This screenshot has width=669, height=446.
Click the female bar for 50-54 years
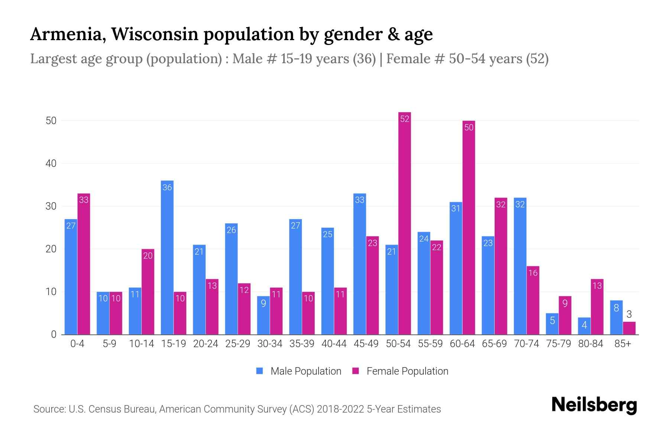pyautogui.click(x=404, y=223)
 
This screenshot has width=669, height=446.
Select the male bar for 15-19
pyautogui.click(x=167, y=258)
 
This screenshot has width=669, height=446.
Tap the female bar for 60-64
pyautogui.click(x=469, y=227)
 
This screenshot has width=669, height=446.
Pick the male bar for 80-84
pyautogui.click(x=584, y=326)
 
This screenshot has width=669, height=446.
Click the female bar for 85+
pyautogui.click(x=629, y=328)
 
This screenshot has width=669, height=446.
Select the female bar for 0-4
pyautogui.click(x=84, y=264)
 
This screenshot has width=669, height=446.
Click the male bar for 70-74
pyautogui.click(x=520, y=266)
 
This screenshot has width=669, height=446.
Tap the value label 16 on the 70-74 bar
pyautogui.click(x=533, y=273)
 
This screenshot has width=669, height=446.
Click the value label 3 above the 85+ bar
pyautogui.click(x=629, y=314)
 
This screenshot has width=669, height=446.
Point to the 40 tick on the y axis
pyautogui.click(x=51, y=164)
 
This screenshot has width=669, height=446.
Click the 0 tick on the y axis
pyautogui.click(x=54, y=334)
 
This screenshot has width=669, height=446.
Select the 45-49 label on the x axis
pyautogui.click(x=366, y=344)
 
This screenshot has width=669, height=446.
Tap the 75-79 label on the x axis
pyautogui.click(x=558, y=344)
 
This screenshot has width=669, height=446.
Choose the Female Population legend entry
pyautogui.click(x=400, y=371)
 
